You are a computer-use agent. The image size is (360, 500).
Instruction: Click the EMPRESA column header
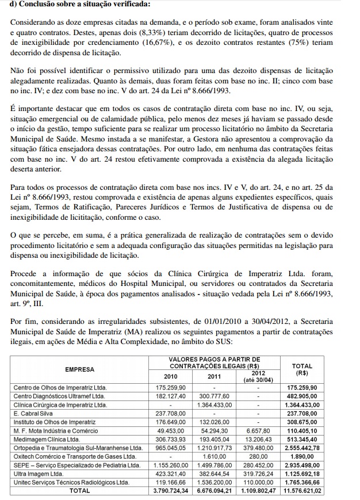[x=79, y=368]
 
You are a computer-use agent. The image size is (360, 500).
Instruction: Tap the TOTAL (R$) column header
[x=302, y=368]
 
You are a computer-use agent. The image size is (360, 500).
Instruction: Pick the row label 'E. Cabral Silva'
[x=33, y=413]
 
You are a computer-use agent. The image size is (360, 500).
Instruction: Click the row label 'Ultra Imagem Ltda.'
[x=38, y=473]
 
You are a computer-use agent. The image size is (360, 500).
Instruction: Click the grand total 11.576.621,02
[x=302, y=490]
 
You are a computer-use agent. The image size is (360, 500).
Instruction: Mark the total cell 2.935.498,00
[x=302, y=464]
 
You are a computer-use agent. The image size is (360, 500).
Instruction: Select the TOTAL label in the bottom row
[x=79, y=490]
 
